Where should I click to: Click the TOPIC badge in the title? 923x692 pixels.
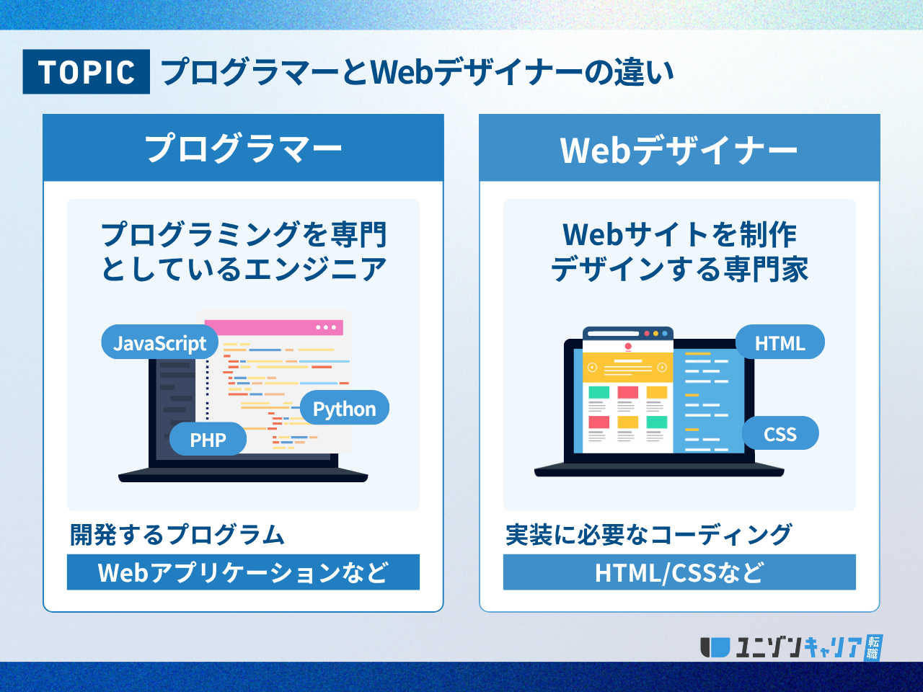click(87, 71)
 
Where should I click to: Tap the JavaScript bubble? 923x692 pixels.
click(160, 342)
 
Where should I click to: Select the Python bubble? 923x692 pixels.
click(345, 407)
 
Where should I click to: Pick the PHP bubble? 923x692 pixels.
click(208, 439)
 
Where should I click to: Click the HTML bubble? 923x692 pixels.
click(780, 342)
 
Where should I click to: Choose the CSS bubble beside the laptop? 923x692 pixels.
click(780, 433)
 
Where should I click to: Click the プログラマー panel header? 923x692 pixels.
click(244, 148)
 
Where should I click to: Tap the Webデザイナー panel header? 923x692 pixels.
click(679, 148)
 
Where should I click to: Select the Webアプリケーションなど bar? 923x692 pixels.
click(244, 572)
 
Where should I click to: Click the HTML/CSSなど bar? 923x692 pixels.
click(679, 572)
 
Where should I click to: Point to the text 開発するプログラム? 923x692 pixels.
click(177, 535)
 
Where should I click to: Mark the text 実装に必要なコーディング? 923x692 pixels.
click(648, 535)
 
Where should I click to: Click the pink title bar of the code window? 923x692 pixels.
click(274, 327)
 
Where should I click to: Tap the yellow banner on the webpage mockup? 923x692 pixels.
click(627, 368)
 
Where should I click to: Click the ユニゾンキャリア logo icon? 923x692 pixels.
click(715, 647)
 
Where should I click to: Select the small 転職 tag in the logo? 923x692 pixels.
click(873, 647)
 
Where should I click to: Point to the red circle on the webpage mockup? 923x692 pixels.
click(628, 346)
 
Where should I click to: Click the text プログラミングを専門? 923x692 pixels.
click(244, 234)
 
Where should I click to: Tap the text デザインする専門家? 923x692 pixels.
click(679, 269)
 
